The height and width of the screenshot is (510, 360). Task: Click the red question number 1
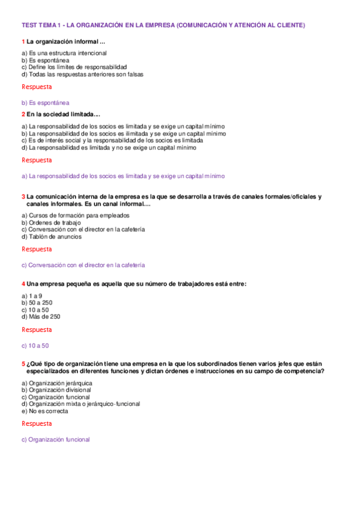(x=23, y=42)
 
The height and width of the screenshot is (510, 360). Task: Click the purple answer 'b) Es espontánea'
(x=45, y=103)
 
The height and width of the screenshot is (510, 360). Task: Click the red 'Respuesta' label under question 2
(x=37, y=160)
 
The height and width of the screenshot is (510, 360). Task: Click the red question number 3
(x=23, y=197)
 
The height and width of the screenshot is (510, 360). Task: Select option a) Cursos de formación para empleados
(x=75, y=215)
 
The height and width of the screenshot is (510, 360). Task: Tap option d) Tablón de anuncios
(x=52, y=236)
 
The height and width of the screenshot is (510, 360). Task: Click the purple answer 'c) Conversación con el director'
(x=83, y=265)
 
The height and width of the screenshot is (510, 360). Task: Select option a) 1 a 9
(x=32, y=295)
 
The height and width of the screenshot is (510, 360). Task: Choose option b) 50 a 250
(x=37, y=303)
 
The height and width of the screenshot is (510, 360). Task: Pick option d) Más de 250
(x=41, y=316)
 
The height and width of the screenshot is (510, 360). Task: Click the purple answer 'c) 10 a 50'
(x=35, y=345)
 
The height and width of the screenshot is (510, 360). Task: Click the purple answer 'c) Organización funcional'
(x=55, y=440)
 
